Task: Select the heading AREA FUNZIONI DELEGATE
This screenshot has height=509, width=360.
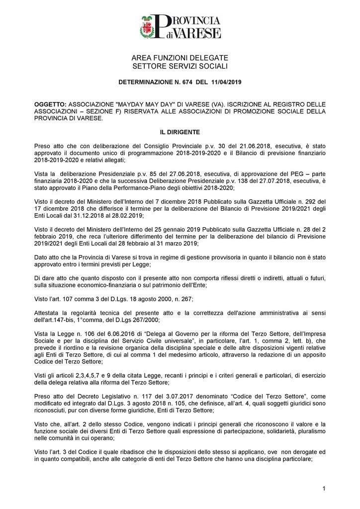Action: (x=180, y=59)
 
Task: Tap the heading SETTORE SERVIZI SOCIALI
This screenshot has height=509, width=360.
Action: (x=180, y=66)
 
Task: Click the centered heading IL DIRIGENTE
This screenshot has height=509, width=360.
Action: (x=180, y=132)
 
